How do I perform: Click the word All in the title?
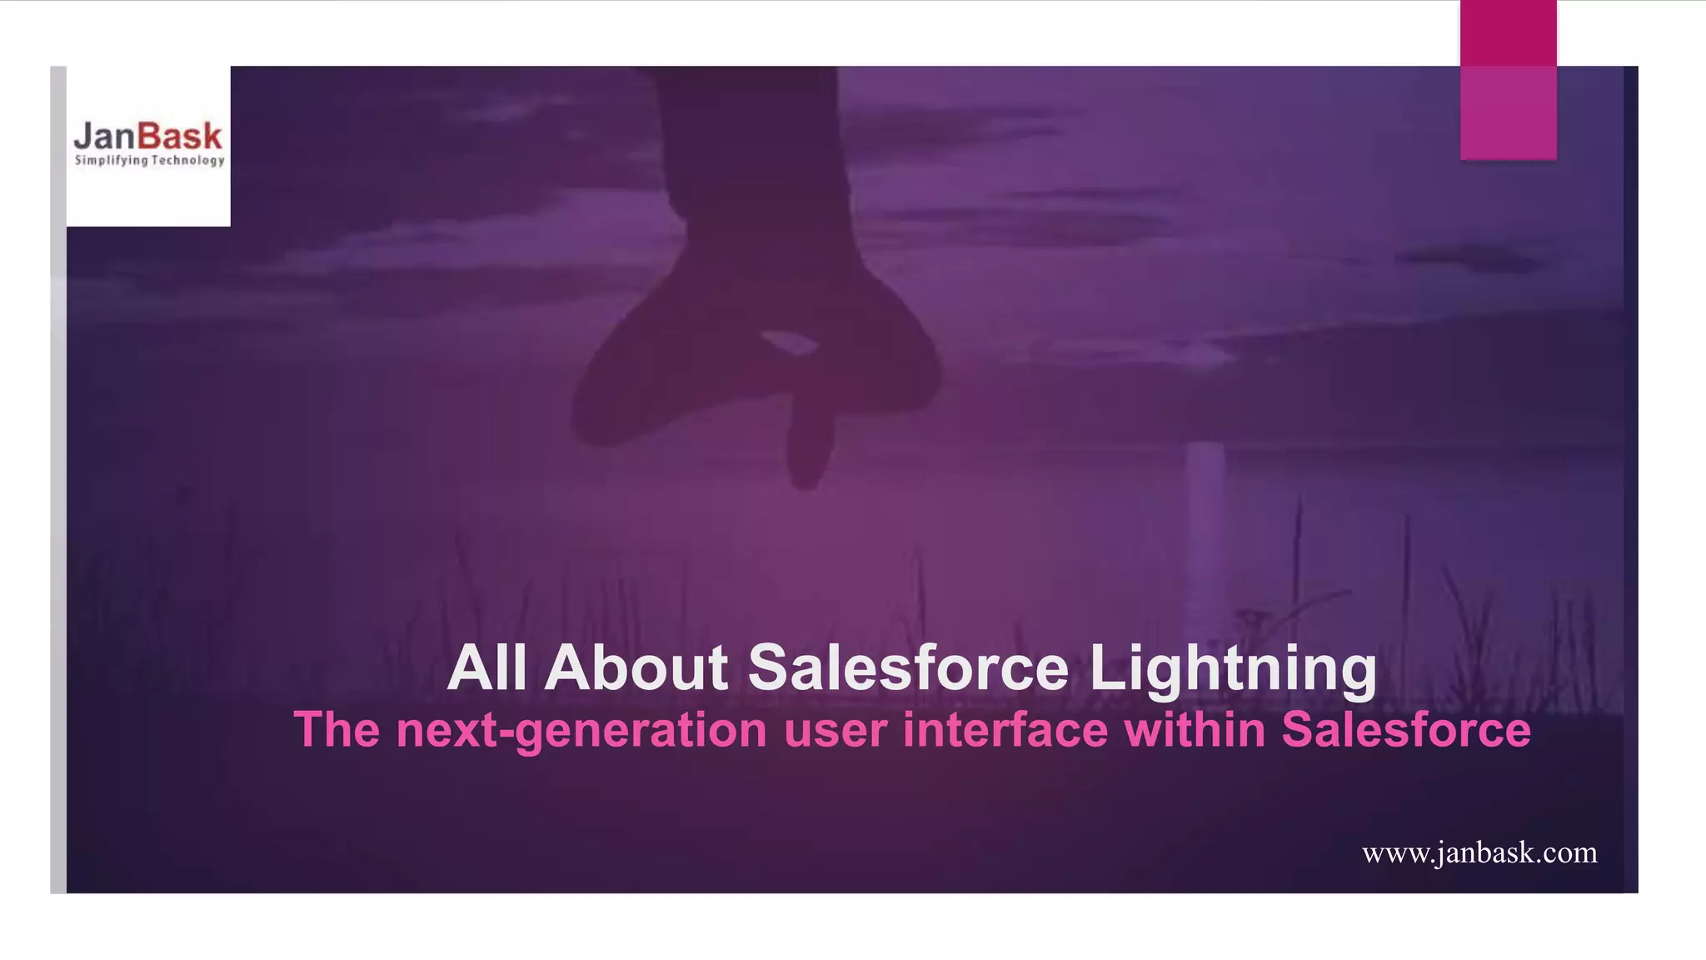click(x=486, y=668)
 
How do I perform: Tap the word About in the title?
click(x=636, y=668)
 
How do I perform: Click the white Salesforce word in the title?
click(x=908, y=668)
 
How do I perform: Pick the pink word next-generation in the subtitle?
click(x=581, y=731)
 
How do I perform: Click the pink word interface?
click(x=1005, y=729)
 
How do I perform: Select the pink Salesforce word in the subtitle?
click(x=1405, y=729)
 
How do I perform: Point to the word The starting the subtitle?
click(x=337, y=729)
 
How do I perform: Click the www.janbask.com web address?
click(x=1479, y=853)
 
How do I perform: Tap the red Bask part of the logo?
click(x=180, y=136)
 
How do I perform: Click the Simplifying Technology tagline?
click(x=149, y=160)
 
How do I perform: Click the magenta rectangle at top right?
click(x=1508, y=80)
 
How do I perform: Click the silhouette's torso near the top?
click(x=750, y=125)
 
